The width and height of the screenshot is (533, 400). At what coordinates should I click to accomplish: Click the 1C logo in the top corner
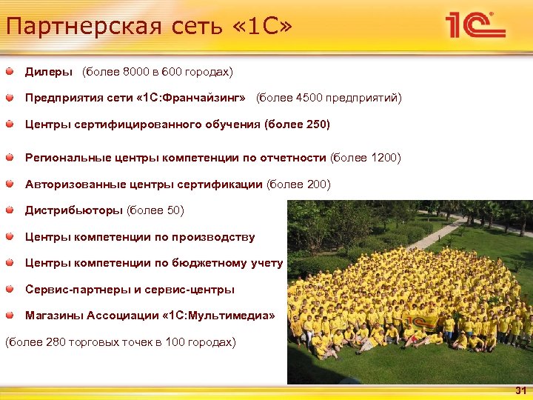pos(475,27)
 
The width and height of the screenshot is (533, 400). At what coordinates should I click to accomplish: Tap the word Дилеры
pos(49,72)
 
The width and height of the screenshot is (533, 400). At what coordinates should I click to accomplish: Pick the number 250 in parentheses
pos(315,124)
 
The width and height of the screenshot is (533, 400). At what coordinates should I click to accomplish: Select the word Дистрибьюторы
pos(74,210)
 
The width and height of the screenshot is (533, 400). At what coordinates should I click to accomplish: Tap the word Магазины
pos(54,316)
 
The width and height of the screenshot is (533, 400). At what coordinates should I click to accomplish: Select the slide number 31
pos(520,390)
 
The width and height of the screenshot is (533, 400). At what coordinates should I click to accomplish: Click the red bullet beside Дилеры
pos(9,72)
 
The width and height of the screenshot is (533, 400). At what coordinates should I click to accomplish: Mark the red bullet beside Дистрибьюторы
pos(9,210)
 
